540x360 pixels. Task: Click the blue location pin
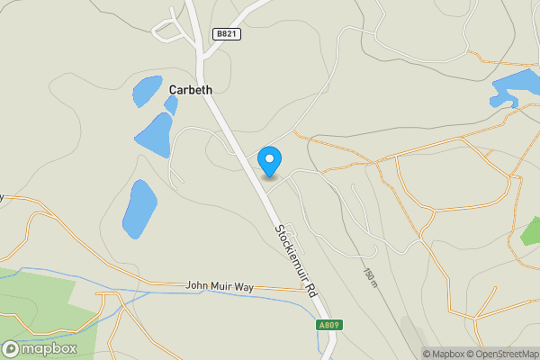click(269, 161)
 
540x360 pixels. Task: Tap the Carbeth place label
click(190, 89)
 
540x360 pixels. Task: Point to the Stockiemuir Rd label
click(294, 261)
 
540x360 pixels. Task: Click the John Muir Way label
click(220, 286)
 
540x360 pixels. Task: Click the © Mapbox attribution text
click(443, 354)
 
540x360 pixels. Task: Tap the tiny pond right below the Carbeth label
click(170, 104)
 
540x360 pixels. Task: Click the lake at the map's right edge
click(517, 86)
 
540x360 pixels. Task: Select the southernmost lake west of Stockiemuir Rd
click(139, 209)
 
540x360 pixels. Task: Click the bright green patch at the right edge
click(533, 232)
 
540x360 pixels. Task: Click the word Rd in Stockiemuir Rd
click(310, 290)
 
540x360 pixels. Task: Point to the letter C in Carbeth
click(173, 89)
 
